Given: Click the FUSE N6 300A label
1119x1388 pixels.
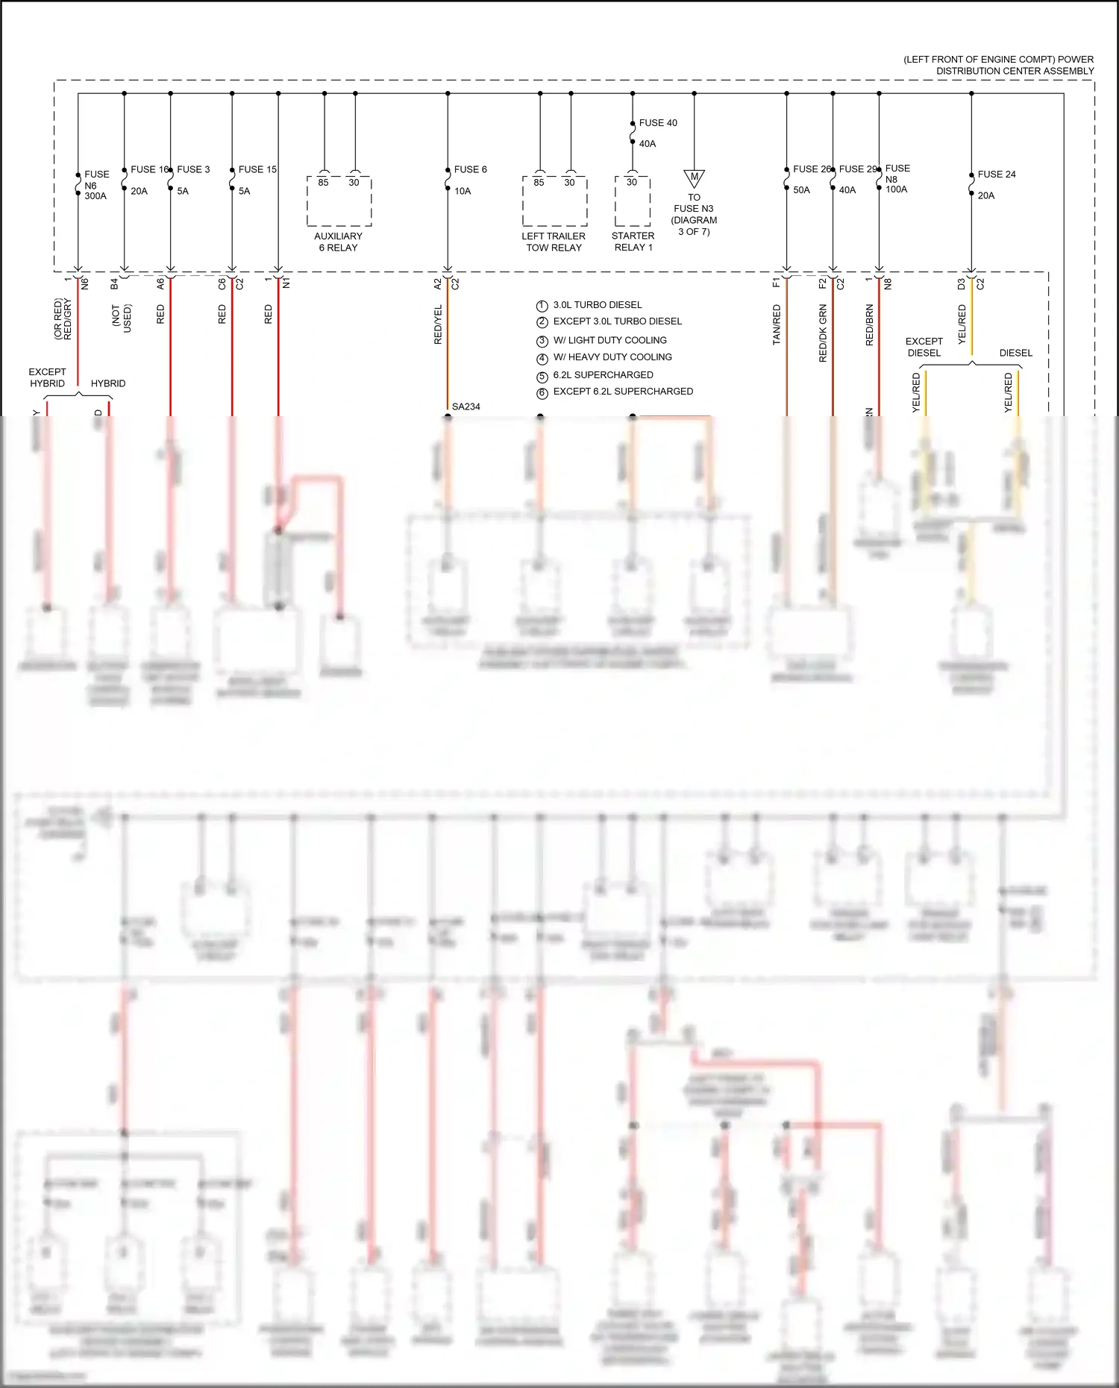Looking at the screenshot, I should [x=95, y=185].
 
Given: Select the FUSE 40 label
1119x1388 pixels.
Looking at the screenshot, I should [x=658, y=123].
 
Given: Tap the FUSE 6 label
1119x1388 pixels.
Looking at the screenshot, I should [x=470, y=170].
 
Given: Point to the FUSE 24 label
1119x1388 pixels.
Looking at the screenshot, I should [x=997, y=175].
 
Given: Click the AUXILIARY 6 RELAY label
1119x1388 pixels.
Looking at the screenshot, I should [x=339, y=242].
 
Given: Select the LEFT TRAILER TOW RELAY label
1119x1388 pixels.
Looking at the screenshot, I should [x=554, y=242].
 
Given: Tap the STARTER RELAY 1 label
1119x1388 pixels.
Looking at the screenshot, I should [x=633, y=242].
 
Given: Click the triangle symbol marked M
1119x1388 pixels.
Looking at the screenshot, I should [x=695, y=178].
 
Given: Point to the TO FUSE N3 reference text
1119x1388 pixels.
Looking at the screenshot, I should [x=694, y=214].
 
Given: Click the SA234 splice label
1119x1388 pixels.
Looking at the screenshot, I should [x=466, y=406].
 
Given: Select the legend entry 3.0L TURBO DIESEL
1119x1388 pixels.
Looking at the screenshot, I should [x=598, y=305].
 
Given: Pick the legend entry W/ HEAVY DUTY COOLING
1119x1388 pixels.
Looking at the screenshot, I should [x=612, y=357].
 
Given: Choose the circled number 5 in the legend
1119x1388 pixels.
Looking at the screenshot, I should [x=542, y=376].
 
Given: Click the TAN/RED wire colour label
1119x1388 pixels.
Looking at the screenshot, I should [x=777, y=324].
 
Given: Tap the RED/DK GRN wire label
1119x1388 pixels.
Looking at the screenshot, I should [x=823, y=333].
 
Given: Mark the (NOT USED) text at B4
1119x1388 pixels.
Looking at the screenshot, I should [x=122, y=318].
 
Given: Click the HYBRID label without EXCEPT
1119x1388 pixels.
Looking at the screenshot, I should [x=108, y=383].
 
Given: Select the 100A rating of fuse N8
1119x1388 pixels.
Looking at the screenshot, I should [x=896, y=189].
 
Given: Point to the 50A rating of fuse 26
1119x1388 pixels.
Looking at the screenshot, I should [x=801, y=190].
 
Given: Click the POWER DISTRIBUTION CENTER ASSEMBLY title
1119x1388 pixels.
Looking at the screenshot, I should [x=999, y=66].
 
